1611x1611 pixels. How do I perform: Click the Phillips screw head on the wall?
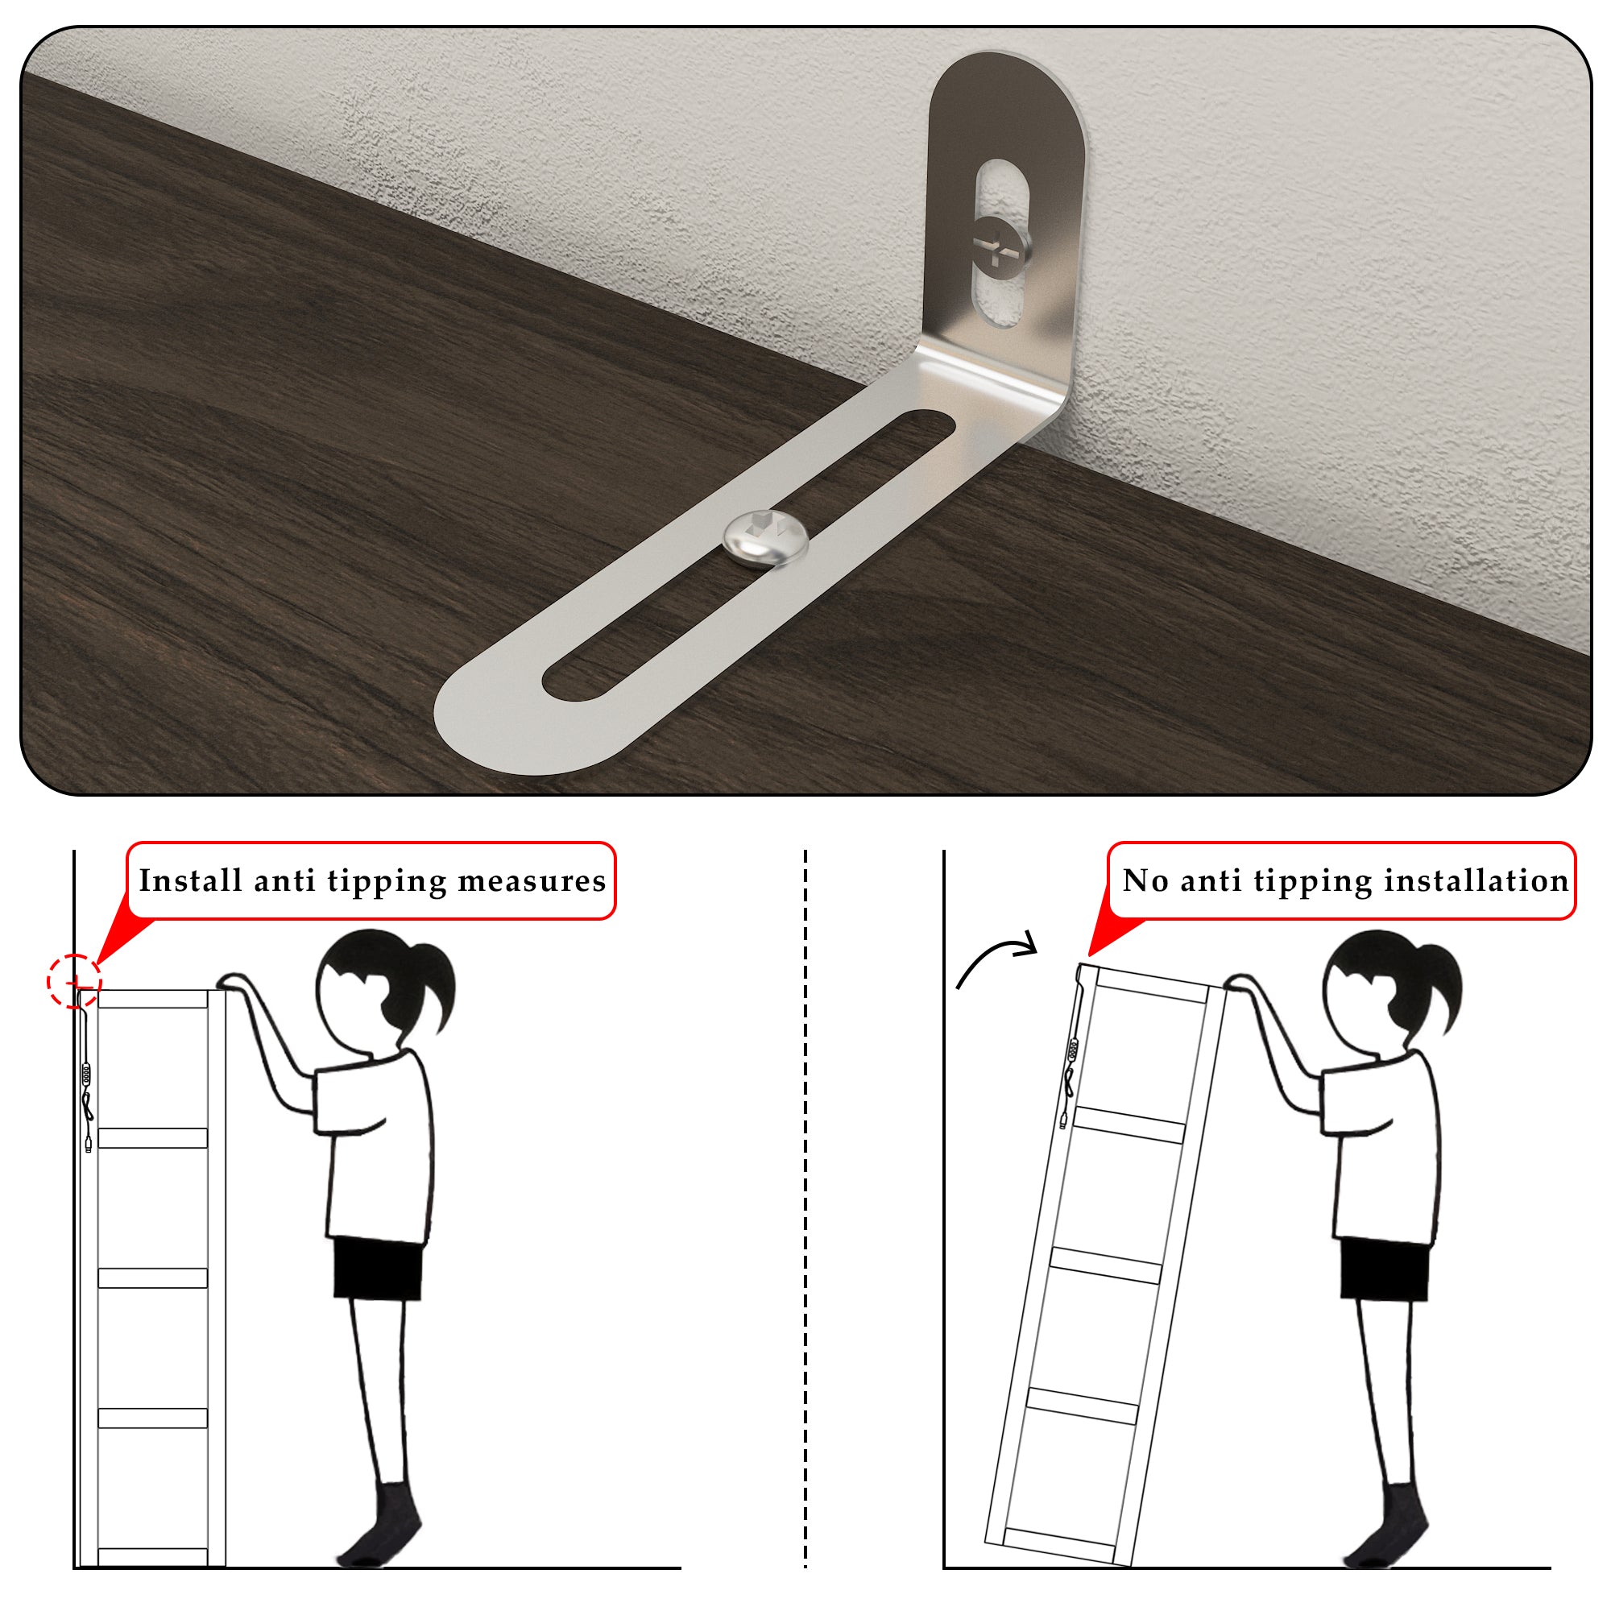pyautogui.click(x=1000, y=245)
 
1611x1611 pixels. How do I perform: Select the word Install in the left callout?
pyautogui.click(x=190, y=880)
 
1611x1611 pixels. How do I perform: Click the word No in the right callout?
pyautogui.click(x=1145, y=880)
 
